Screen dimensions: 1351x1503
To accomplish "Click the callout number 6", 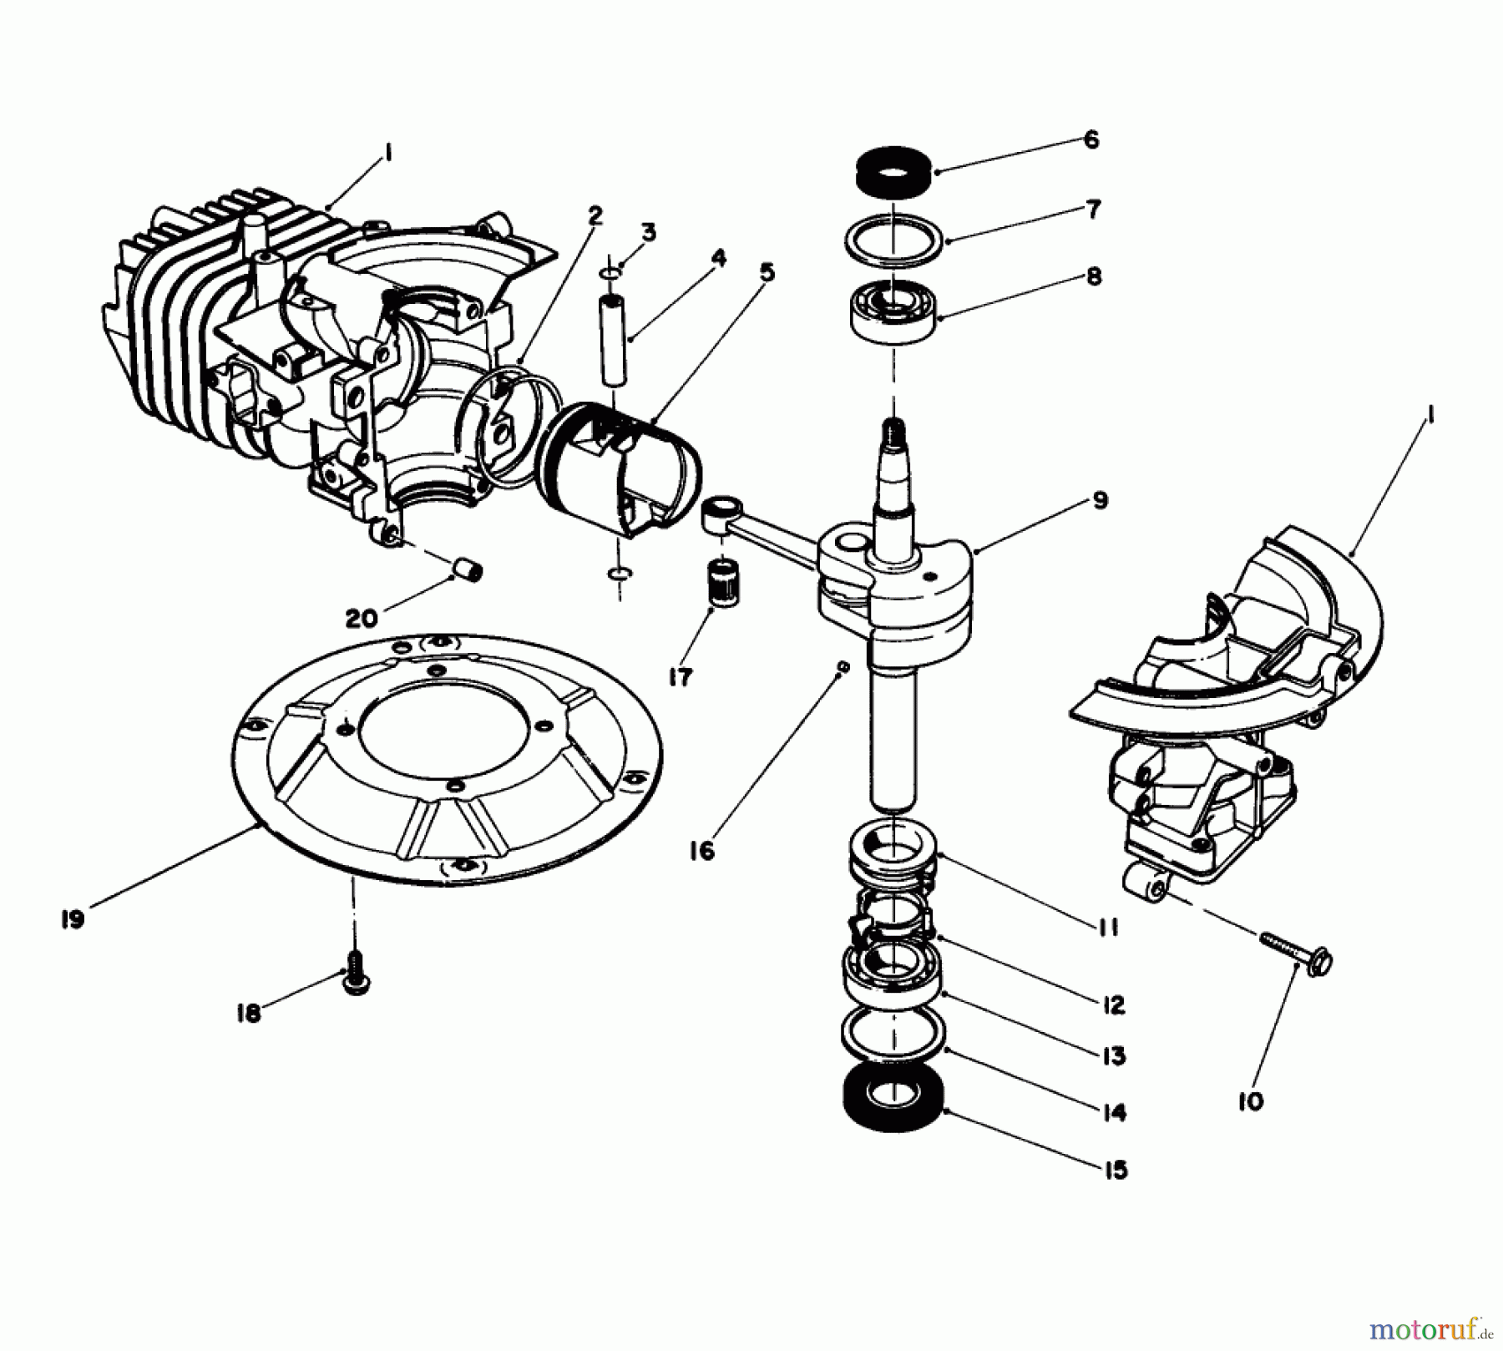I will (x=1091, y=139).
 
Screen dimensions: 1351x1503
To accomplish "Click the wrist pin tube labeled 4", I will (x=615, y=339).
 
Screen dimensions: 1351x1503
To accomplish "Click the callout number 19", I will (x=73, y=919).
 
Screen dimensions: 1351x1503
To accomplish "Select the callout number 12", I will (x=1114, y=1004).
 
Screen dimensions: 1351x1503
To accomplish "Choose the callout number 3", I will (x=649, y=231).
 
